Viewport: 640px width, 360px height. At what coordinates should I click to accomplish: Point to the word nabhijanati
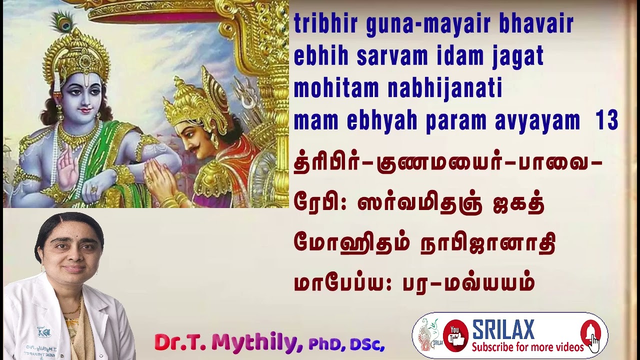click(445, 89)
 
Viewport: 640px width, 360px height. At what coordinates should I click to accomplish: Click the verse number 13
click(607, 121)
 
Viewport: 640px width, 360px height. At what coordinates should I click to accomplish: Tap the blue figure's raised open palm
click(67, 170)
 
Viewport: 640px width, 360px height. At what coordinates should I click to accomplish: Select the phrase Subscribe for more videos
click(527, 347)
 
